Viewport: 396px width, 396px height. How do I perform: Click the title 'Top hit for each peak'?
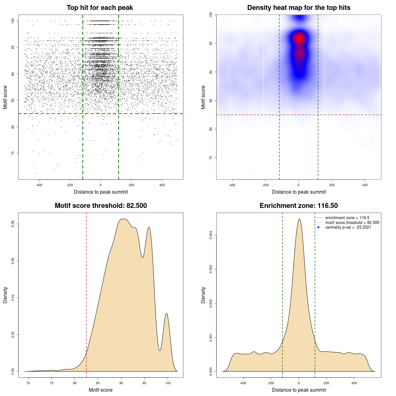coord(100,8)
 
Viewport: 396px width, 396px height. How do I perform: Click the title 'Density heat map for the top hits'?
coord(299,8)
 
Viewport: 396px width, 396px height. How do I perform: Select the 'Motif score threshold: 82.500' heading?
coord(101,206)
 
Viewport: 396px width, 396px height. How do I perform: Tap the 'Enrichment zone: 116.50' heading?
coord(299,206)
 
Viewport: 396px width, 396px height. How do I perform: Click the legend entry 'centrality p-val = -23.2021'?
coord(348,227)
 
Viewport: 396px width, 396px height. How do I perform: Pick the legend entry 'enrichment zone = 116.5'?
coord(347,218)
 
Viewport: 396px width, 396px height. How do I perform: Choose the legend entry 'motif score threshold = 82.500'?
coord(352,223)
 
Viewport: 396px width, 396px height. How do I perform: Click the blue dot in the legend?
coord(318,227)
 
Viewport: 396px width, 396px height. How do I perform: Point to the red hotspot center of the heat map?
coord(299,38)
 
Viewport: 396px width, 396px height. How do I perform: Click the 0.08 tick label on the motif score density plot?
coord(13,224)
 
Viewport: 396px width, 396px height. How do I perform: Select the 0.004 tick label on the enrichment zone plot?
coord(211,235)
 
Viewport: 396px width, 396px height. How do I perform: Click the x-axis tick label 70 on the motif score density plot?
coord(28,383)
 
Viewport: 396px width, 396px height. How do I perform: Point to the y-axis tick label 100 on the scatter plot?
coord(13,21)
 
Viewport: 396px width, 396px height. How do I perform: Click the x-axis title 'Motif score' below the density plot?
coord(101,390)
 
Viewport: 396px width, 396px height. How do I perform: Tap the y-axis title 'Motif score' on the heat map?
coord(203,97)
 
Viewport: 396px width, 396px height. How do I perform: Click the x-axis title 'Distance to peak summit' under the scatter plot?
coord(101,192)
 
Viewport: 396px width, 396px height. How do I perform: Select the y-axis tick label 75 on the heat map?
coord(211,158)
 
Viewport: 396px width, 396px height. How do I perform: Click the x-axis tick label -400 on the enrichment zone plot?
coord(243,383)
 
